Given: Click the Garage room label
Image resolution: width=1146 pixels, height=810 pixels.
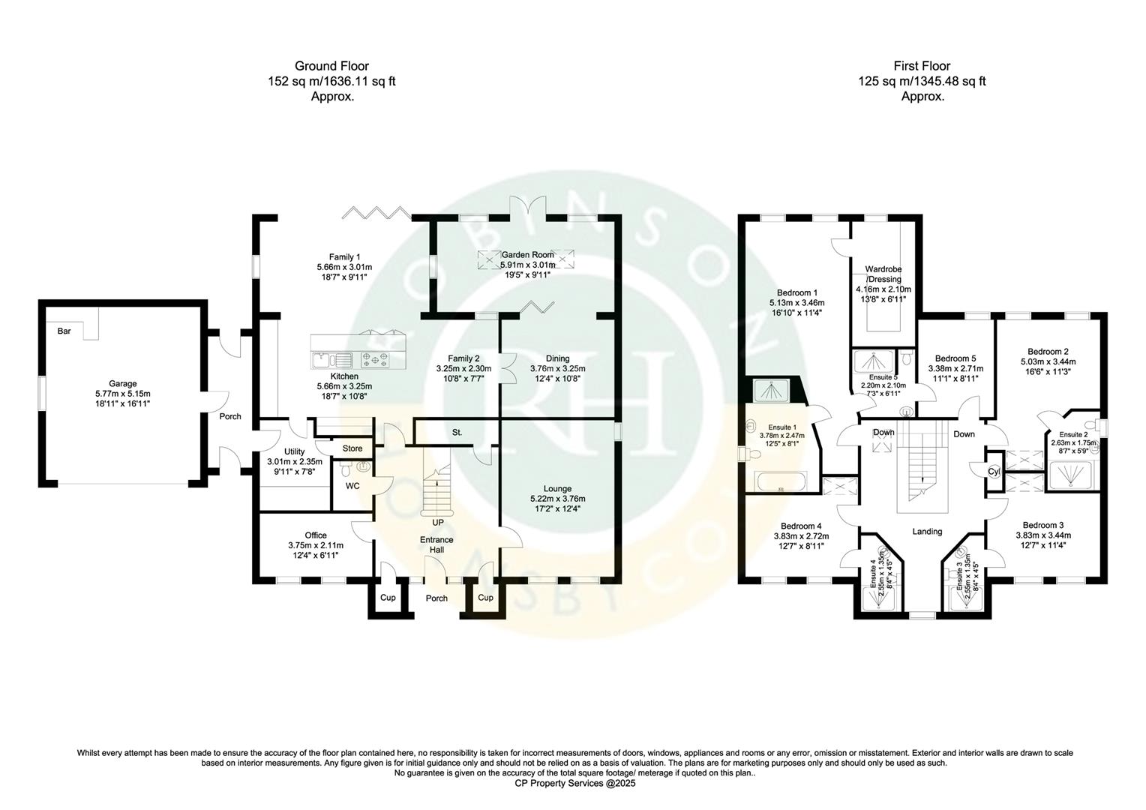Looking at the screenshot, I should pos(123,383).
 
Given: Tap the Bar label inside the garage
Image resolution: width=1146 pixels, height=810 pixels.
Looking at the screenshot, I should pos(64,331).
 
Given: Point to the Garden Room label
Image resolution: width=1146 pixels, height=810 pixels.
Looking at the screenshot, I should pos(527,255).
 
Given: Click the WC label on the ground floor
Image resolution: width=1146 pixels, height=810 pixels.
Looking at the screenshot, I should pos(353,486).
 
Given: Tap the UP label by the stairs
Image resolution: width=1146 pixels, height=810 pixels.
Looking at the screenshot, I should pos(437,522).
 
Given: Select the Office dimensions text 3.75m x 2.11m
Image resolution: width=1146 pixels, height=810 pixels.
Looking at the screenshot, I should pos(315,545).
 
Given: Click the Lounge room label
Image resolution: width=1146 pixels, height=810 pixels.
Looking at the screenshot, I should pos(557,488).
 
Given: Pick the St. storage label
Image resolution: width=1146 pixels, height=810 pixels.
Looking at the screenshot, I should pos(457,433).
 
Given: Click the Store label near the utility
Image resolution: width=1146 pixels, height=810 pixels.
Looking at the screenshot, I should pos(352,448).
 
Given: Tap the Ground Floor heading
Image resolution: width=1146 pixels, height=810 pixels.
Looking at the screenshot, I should pos(331,66).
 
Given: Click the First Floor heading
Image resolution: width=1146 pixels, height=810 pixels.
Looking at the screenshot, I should pos(922,66).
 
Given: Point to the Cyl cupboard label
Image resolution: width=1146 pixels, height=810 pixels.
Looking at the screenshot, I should pos(993,472).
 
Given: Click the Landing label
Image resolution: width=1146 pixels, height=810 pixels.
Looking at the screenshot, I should pos(926,531).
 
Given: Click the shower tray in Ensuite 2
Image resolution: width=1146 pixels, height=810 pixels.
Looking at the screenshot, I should pos(1070,475).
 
